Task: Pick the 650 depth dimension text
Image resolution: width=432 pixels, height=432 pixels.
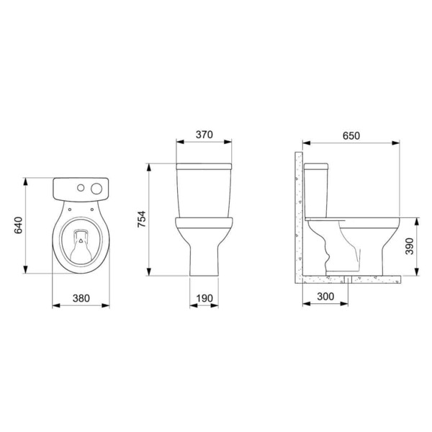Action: pos(351,135)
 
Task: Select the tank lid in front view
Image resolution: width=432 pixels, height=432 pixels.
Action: pos(204,166)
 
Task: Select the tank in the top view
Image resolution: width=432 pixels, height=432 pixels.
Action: pos(81,189)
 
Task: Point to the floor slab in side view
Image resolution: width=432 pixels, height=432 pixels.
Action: pos(353,277)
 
